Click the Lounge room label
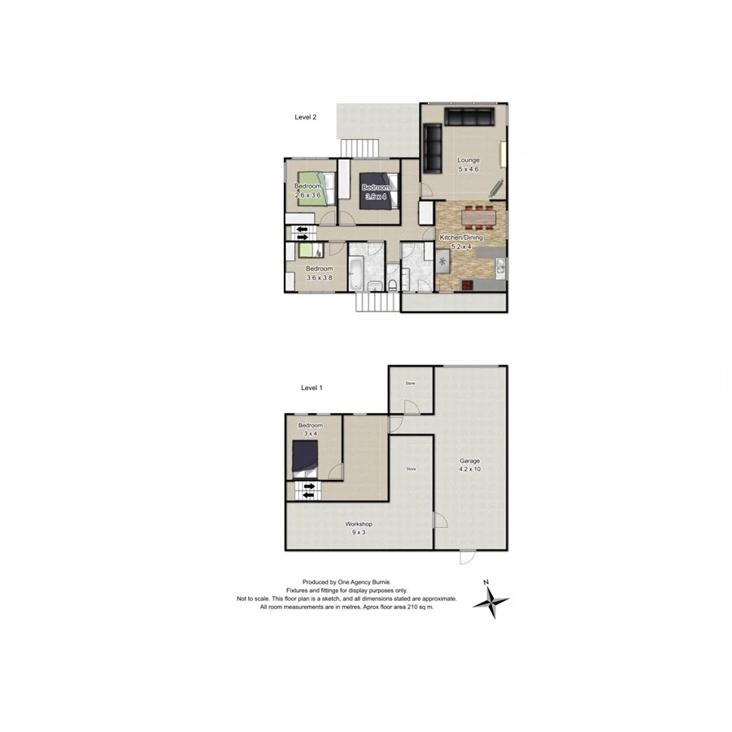tap(468, 160)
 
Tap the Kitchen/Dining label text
tap(461, 237)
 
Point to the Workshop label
tap(358, 525)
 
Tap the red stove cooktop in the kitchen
tap(468, 284)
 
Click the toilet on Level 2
tap(392, 284)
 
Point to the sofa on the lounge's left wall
tap(431, 144)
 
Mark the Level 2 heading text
tap(305, 117)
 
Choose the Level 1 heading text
tap(312, 388)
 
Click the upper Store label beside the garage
tap(411, 382)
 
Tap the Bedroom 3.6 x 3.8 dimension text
tap(319, 278)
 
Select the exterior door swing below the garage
tap(467, 558)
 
